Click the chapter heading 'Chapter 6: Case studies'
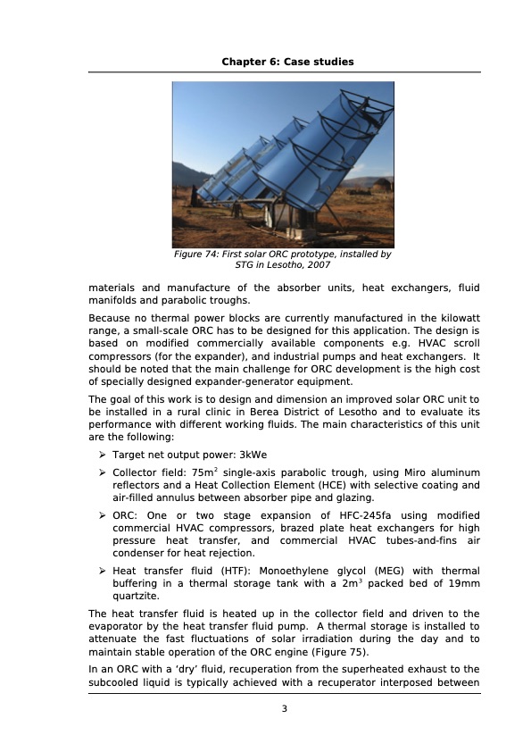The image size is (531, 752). [x=287, y=62]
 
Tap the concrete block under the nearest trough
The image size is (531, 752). [x=284, y=218]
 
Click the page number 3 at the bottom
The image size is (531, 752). [x=285, y=709]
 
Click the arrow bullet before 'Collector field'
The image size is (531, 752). [x=104, y=472]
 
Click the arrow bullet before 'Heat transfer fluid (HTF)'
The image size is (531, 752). [x=104, y=571]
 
